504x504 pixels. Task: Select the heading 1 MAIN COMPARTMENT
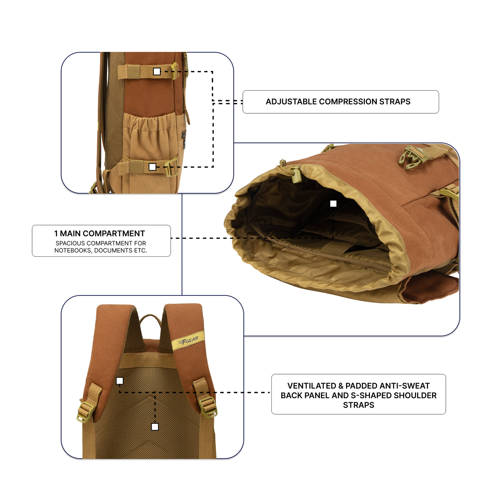(x=99, y=233)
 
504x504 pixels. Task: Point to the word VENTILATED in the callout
(x=311, y=386)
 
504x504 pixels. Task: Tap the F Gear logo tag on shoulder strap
(x=188, y=340)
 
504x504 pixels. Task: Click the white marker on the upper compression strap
(x=157, y=72)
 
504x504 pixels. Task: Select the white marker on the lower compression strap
(x=152, y=167)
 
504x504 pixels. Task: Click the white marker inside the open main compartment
(x=333, y=204)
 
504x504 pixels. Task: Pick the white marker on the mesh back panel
(x=155, y=427)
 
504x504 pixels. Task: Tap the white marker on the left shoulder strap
(x=120, y=381)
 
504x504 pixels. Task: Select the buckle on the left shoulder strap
(x=85, y=412)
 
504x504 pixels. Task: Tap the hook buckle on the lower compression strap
(x=171, y=167)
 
